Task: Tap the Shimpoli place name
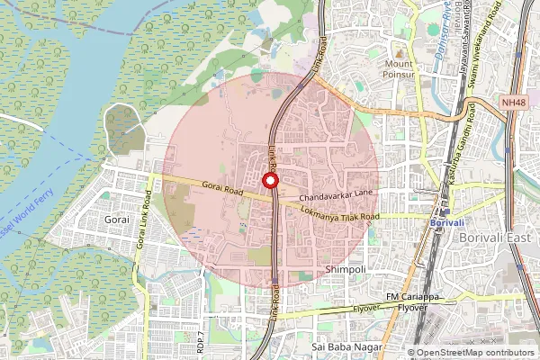tap(345, 270)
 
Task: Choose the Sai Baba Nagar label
tap(346, 346)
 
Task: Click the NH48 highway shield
tap(513, 103)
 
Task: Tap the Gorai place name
tap(117, 219)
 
